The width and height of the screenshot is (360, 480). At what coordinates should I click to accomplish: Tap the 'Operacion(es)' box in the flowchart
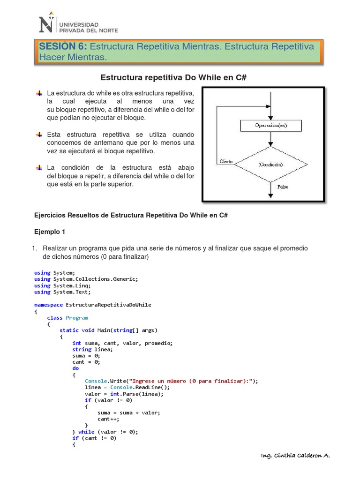(271, 126)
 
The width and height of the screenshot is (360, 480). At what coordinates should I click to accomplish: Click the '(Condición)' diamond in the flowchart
(271, 165)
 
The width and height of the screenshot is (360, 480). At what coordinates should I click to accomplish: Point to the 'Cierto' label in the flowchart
(226, 161)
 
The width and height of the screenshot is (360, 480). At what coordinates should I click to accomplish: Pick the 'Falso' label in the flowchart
(283, 186)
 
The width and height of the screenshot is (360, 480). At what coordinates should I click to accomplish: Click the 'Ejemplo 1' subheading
(51, 232)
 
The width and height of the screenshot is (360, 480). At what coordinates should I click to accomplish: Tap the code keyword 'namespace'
(48, 305)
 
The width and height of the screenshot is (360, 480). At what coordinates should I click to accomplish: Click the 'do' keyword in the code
(75, 368)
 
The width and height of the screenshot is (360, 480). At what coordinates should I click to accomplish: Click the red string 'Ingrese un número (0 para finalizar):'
(193, 381)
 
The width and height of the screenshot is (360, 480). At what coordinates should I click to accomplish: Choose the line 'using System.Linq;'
(62, 285)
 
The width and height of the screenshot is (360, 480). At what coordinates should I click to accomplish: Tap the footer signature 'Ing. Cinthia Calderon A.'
(295, 456)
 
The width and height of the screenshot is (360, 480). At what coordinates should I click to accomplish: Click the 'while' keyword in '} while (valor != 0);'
(86, 432)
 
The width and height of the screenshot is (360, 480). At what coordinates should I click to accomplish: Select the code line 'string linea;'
(92, 349)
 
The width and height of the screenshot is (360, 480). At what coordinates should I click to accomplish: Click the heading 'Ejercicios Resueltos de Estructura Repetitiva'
(131, 215)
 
